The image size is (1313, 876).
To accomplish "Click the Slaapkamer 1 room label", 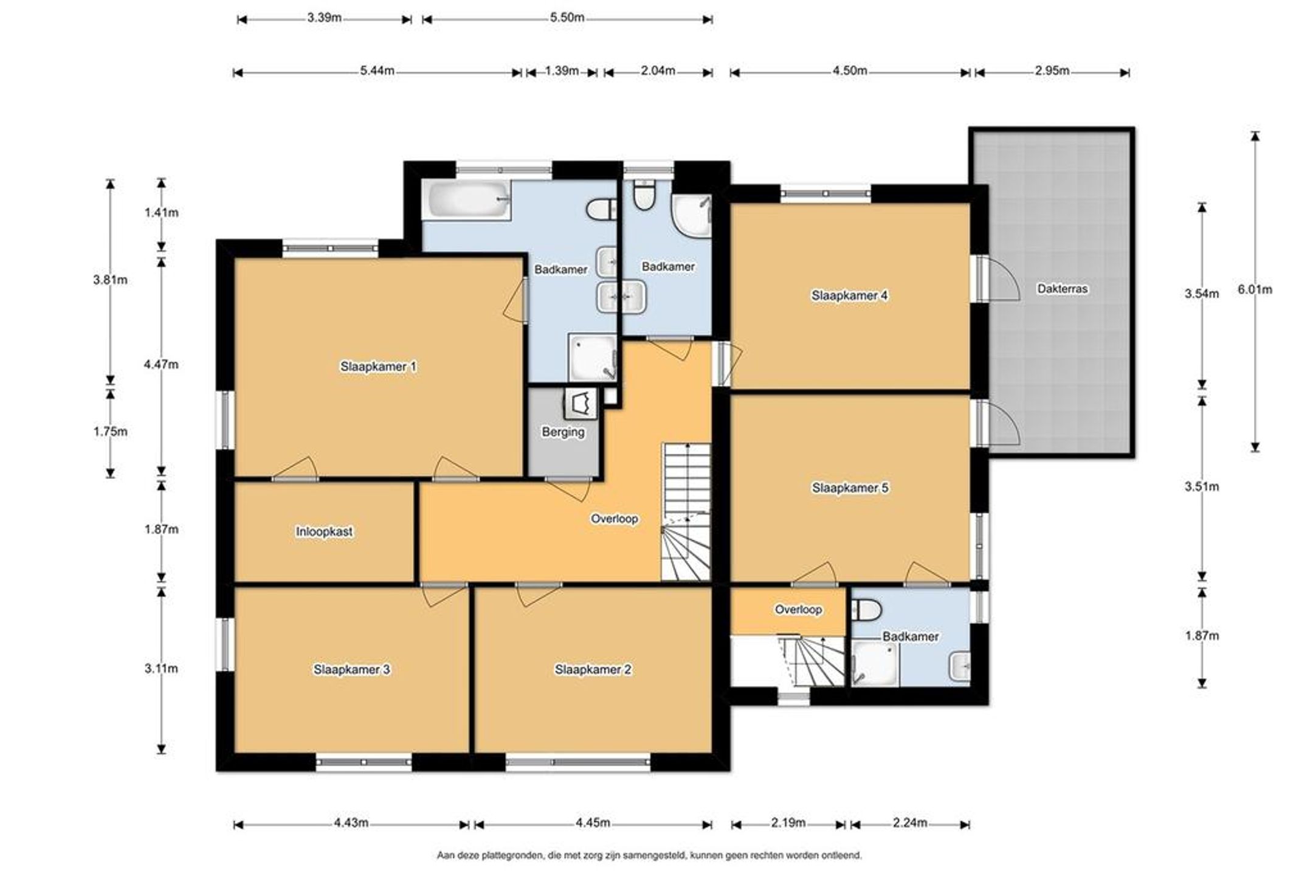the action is click(378, 367).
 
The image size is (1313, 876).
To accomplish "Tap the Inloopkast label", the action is click(324, 531).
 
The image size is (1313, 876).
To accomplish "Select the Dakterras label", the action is click(1062, 289).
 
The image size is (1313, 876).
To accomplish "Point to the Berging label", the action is click(563, 432).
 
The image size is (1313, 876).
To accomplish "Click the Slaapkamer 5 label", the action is click(850, 488).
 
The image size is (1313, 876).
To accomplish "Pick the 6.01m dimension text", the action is click(1255, 289).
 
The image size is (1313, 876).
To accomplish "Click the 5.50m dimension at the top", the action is click(567, 18).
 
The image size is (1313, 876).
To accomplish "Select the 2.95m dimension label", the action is click(1052, 71).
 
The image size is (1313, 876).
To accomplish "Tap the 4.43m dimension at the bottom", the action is click(351, 823).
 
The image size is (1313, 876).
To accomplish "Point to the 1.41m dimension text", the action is click(161, 212).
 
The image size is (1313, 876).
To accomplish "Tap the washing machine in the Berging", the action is click(581, 403).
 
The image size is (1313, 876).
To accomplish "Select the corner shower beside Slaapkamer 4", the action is click(691, 215).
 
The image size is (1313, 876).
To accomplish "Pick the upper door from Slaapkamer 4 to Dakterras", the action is click(997, 278).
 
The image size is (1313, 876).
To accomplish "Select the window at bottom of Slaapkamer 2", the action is click(578, 762).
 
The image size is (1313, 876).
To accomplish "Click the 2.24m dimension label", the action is click(910, 823).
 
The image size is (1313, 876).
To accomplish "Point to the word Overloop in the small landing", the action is click(798, 609).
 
